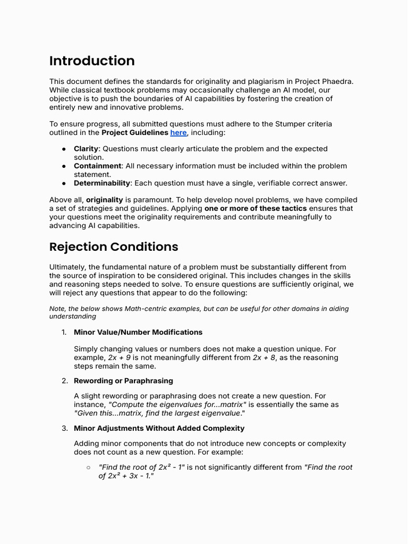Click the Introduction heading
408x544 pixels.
tap(92, 61)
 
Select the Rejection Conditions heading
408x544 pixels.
tap(114, 247)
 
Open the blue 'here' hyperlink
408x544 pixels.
tap(178, 132)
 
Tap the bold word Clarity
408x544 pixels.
tap(86, 149)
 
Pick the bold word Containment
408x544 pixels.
tap(98, 166)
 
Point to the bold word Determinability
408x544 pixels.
tap(102, 183)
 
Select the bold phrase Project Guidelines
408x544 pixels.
tap(134, 132)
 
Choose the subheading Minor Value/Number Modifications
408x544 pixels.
tap(138, 332)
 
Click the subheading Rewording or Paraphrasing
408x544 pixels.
tap(123, 381)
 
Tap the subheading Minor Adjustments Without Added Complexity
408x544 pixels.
tap(159, 428)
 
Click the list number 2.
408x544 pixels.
tap(64, 381)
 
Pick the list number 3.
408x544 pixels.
tap(64, 428)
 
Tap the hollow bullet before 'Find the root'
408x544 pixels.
tap(88, 467)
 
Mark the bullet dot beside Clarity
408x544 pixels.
tap(63, 149)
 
